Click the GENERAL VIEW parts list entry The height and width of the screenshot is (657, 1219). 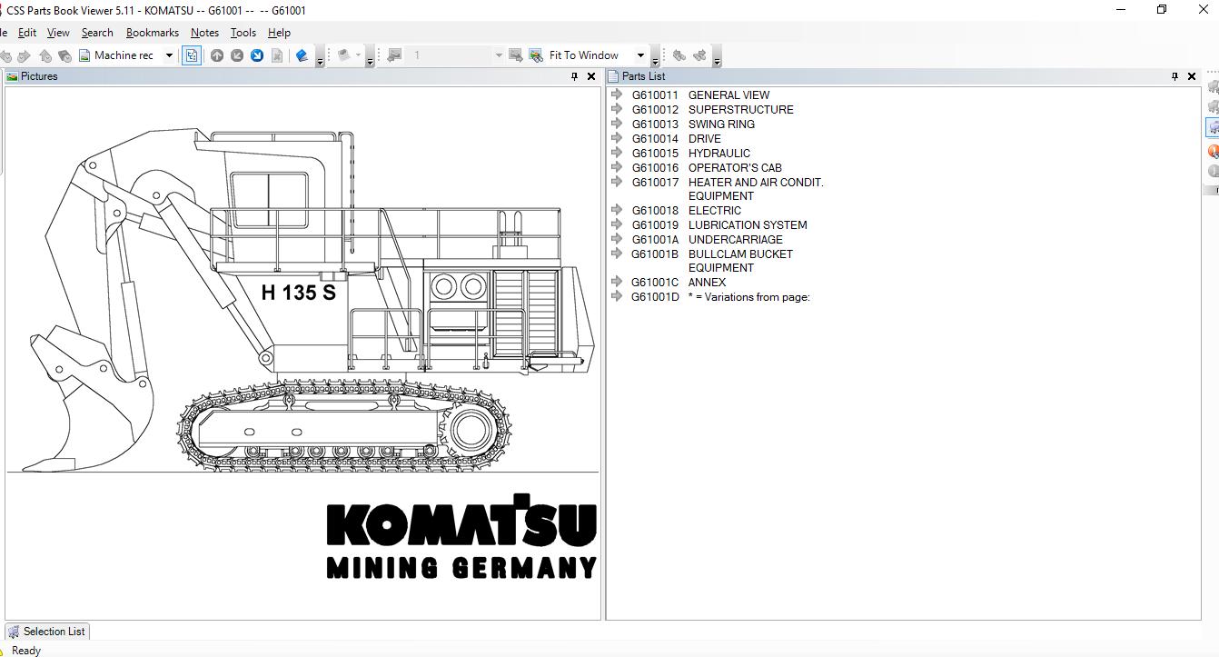click(x=728, y=95)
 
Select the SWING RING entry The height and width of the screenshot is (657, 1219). click(x=721, y=124)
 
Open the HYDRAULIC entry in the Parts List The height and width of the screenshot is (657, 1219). click(x=719, y=154)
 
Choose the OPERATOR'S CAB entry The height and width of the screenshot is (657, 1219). click(x=735, y=168)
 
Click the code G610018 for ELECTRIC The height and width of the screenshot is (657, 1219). click(x=655, y=211)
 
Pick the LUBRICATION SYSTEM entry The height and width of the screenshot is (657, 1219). click(x=747, y=225)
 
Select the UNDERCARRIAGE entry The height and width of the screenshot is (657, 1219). click(x=735, y=240)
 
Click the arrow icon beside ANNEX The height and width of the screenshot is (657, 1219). click(x=617, y=282)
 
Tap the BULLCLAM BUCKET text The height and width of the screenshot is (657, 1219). click(x=740, y=254)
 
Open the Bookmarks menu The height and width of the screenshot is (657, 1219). click(x=152, y=33)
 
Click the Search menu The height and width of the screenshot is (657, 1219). click(x=97, y=33)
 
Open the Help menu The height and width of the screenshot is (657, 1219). click(x=279, y=33)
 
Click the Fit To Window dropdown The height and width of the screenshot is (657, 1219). click(x=596, y=55)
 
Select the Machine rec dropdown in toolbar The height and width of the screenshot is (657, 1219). click(x=133, y=55)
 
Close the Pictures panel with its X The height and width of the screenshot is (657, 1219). click(x=591, y=76)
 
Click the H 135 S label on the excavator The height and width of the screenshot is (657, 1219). click(x=298, y=292)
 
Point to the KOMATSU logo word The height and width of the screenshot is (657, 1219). click(x=461, y=524)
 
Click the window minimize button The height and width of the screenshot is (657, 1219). click(x=1121, y=10)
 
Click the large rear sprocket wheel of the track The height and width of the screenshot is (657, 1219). click(x=471, y=429)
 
